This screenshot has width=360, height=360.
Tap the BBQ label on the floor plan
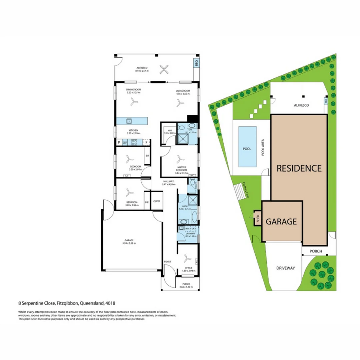pos(196,62)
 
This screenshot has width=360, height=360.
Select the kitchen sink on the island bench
pos(129,121)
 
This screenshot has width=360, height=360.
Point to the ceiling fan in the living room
pos(180,104)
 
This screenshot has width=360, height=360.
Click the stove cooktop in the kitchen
pos(134,142)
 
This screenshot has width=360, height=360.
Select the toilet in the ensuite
pos(181,127)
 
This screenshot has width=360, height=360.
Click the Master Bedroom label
pos(181,169)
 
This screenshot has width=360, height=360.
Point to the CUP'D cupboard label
pos(157,201)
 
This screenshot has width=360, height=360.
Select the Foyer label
pos(167,262)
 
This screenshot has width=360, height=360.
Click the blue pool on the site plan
pos(247,147)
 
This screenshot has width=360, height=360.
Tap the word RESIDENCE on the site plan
pos(299,168)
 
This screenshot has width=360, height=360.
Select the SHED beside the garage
pos(258,219)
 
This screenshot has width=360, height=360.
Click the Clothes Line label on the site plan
pos(247,190)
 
